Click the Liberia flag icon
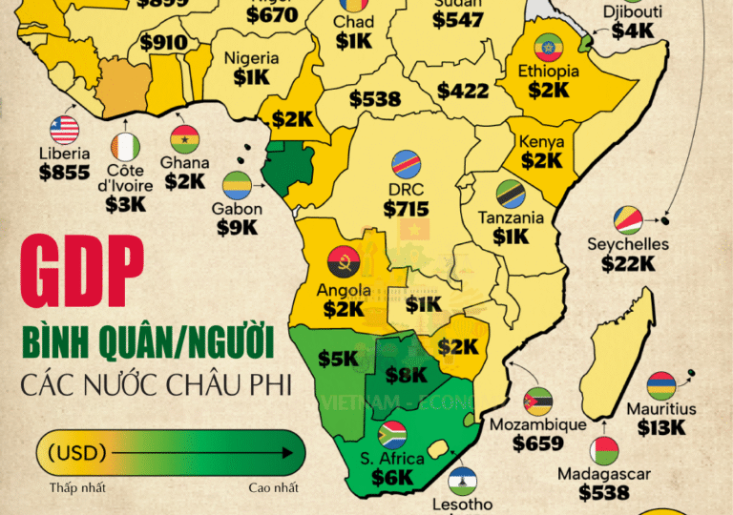pyautogui.click(x=66, y=130)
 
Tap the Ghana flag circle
pyautogui.click(x=184, y=139)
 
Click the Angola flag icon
pyautogui.click(x=343, y=260)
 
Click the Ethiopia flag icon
pyautogui.click(x=548, y=47)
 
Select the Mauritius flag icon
pyautogui.click(x=660, y=385)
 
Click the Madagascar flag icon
pyautogui.click(x=603, y=450)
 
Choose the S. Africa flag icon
pyautogui.click(x=392, y=435)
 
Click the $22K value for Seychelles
pyautogui.click(x=628, y=263)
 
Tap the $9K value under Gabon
pyautogui.click(x=237, y=227)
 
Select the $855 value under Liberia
pyautogui.click(x=65, y=173)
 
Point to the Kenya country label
pyautogui.click(x=541, y=142)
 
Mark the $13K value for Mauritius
pyautogui.click(x=661, y=428)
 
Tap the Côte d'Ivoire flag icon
pyautogui.click(x=125, y=146)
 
